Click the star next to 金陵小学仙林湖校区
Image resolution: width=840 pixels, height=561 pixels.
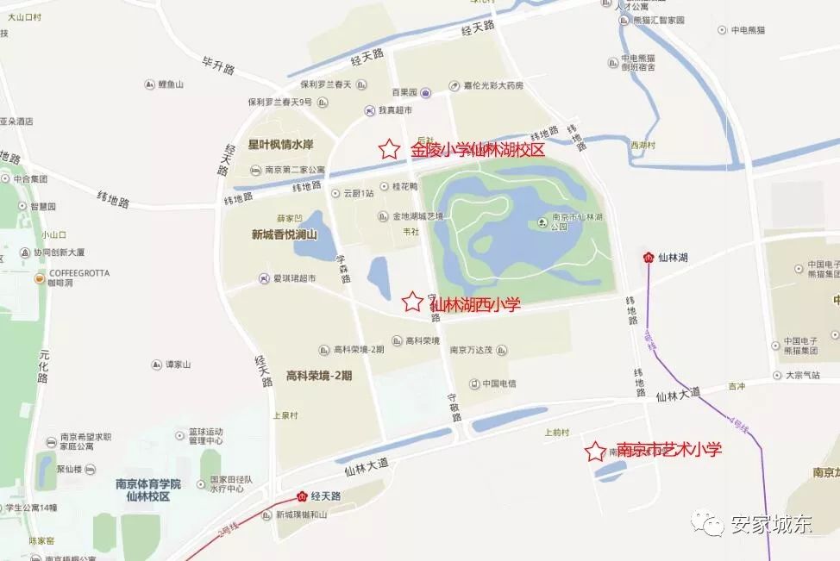point(389,149)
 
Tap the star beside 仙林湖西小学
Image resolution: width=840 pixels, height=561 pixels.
point(413,302)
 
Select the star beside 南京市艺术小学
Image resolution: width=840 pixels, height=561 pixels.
point(594,452)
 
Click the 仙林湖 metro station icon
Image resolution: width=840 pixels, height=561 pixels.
point(648,257)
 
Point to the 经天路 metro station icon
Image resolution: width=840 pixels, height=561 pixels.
point(302,496)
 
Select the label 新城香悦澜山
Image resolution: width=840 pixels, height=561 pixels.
point(285,234)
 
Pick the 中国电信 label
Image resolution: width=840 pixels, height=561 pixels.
point(498,383)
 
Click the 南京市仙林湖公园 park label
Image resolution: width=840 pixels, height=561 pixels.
point(572,222)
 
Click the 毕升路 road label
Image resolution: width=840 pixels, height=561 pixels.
point(218,66)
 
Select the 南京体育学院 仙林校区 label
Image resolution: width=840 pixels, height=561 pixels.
point(148,490)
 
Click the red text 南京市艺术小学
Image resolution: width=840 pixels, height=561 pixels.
point(668,450)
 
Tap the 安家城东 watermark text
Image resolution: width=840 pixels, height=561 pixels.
point(770,525)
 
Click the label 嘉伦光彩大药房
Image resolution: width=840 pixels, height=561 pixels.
point(492,86)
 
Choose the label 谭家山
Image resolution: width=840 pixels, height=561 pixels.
point(177,365)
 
